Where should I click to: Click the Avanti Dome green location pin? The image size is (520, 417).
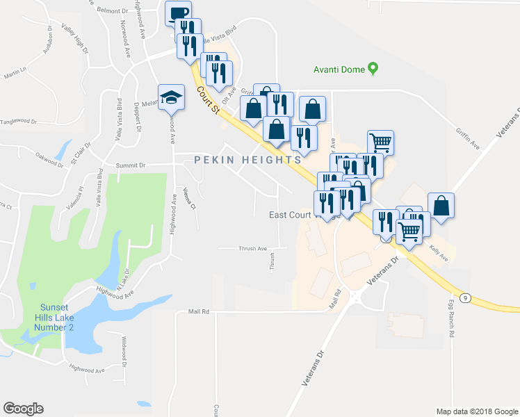click(373, 69)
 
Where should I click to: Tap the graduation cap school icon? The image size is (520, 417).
click(170, 98)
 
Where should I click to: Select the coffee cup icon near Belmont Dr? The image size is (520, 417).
click(178, 13)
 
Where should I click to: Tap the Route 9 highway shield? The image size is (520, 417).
click(465, 297)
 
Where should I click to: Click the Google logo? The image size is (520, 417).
click(24, 409)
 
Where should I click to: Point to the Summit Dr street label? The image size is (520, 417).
click(131, 165)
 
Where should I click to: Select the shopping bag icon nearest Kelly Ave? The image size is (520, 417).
click(441, 205)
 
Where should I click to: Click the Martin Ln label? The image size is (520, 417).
click(15, 72)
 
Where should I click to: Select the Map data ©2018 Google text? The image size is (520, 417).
click(476, 411)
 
